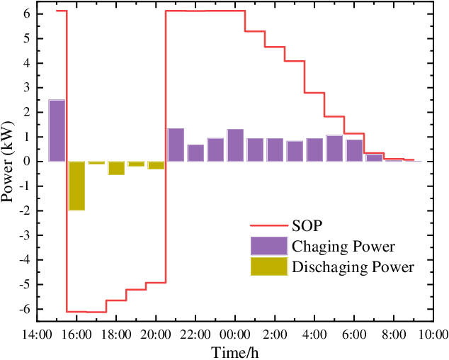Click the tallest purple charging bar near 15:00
tap(57, 130)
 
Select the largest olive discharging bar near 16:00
tap(76, 186)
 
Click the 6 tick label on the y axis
tap(26, 14)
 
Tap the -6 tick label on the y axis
tap(24, 309)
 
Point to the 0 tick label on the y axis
tap(26, 162)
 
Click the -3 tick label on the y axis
tap(24, 235)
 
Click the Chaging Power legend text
tap(343, 247)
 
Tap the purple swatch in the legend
tap(268, 246)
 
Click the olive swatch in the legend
tap(268, 266)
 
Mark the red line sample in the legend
tap(268, 227)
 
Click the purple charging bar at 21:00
tap(176, 145)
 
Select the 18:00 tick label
tap(116, 334)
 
